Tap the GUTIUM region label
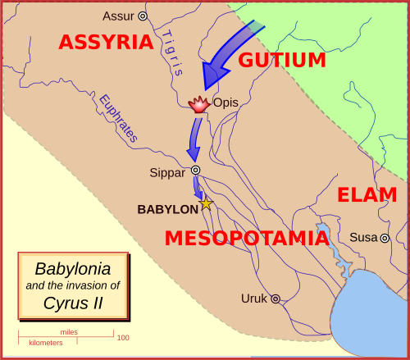(282, 60)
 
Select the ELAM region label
(367, 195)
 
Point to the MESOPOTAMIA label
(247, 239)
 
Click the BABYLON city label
(167, 209)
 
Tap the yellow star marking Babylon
(206, 203)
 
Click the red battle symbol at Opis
(199, 104)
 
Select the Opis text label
(225, 103)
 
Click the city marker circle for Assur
(143, 16)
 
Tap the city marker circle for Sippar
(196, 171)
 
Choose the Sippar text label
(168, 172)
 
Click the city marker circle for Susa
(384, 238)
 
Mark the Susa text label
(363, 238)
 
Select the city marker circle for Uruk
(276, 299)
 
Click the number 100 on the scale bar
(122, 338)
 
